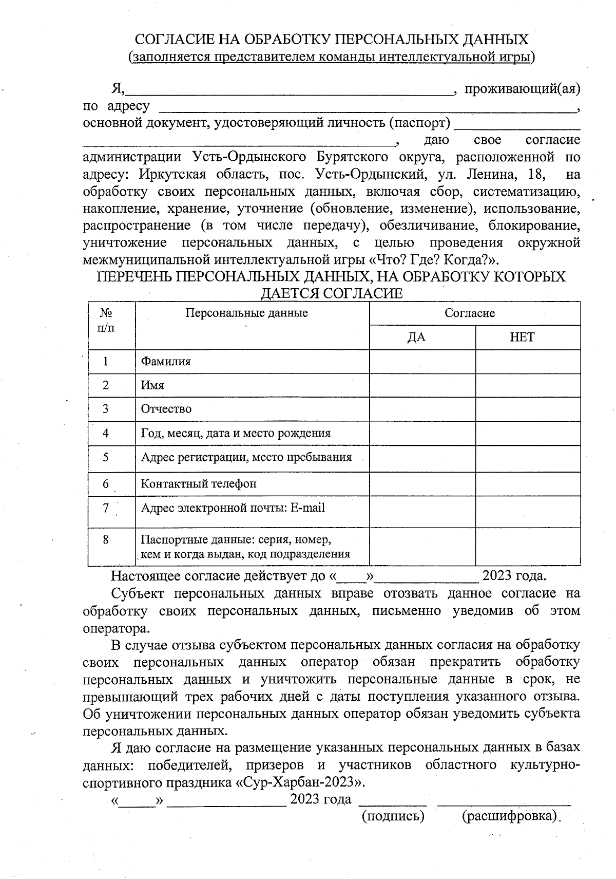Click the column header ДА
point(416,337)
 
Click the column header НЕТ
point(522,337)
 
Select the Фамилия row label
point(166,361)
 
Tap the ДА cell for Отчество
point(422,409)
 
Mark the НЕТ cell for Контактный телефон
point(528,483)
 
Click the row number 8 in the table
point(106,539)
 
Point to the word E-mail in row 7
point(307,508)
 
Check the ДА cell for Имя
point(422,385)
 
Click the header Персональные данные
point(246,313)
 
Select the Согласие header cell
point(470,313)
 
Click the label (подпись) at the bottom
point(393,816)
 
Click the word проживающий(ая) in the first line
point(522,89)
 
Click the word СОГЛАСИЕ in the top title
point(174,40)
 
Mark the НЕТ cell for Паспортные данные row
point(528,547)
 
